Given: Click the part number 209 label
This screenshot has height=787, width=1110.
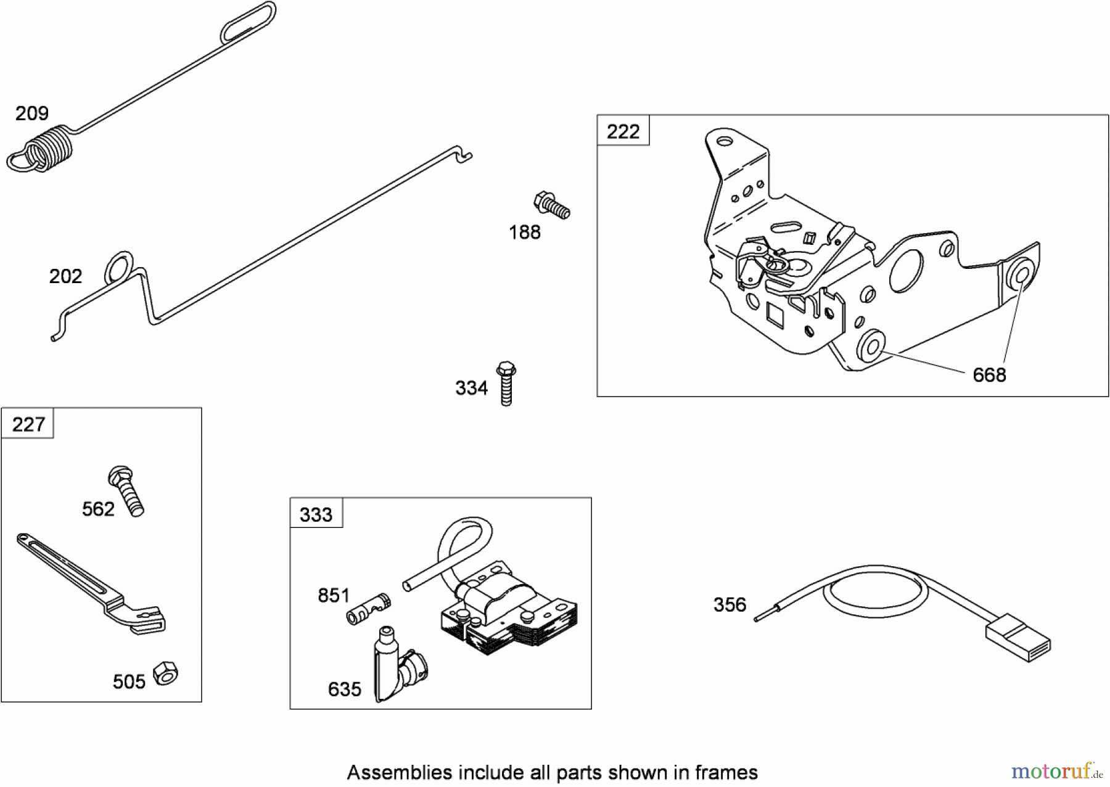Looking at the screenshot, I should coord(32,113).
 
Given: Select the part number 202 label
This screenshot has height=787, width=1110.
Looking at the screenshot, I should coord(65,276).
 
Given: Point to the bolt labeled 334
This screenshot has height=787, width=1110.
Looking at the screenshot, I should coord(506,383).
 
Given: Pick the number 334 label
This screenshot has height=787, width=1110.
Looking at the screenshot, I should coord(471,388).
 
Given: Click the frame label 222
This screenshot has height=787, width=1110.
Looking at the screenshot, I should coord(623,131).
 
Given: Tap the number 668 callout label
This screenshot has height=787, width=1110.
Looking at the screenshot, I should coord(989,375).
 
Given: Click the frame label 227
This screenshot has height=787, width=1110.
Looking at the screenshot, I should coord(28,424).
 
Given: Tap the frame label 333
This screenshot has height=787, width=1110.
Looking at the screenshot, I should coord(316,514).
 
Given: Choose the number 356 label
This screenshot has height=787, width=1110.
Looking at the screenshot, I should coord(730,604).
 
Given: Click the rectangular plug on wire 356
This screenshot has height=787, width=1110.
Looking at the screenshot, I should coord(1018,638).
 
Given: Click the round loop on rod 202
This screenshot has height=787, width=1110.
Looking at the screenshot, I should coord(118,266).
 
